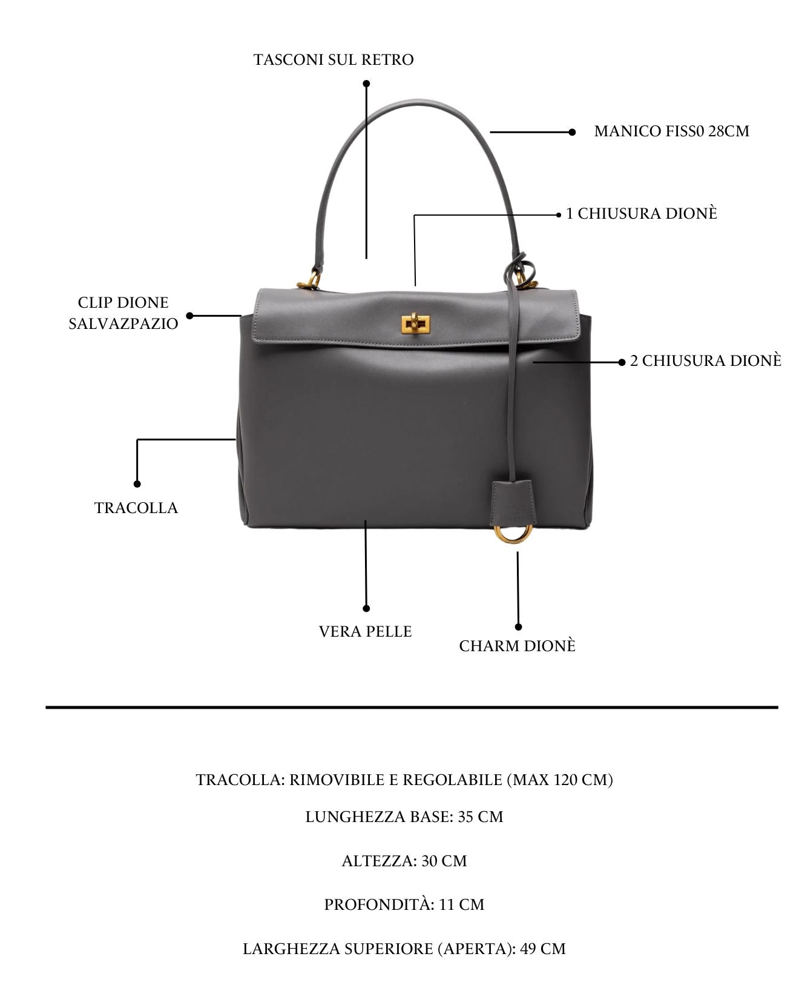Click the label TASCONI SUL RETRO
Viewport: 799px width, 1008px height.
[334, 60]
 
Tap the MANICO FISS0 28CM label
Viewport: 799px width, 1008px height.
[672, 131]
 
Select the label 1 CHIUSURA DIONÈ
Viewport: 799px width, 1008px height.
[642, 214]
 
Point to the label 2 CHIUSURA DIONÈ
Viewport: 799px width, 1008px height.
[706, 361]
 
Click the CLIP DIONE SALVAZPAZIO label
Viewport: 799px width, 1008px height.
[123, 313]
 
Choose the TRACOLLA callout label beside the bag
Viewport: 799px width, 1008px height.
[136, 508]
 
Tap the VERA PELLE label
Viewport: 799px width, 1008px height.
[365, 632]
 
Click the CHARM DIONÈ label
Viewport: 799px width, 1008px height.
[517, 646]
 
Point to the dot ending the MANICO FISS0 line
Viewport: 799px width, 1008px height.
[572, 132]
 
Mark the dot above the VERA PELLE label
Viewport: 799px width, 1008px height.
[366, 608]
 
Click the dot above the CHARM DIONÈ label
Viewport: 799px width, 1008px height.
[518, 627]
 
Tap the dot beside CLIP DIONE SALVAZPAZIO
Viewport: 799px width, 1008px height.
[189, 316]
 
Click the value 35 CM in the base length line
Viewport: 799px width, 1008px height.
[481, 817]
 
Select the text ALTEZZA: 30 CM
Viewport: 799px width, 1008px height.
[404, 861]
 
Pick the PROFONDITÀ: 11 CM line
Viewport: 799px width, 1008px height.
[404, 904]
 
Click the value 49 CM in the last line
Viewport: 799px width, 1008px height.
[543, 949]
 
